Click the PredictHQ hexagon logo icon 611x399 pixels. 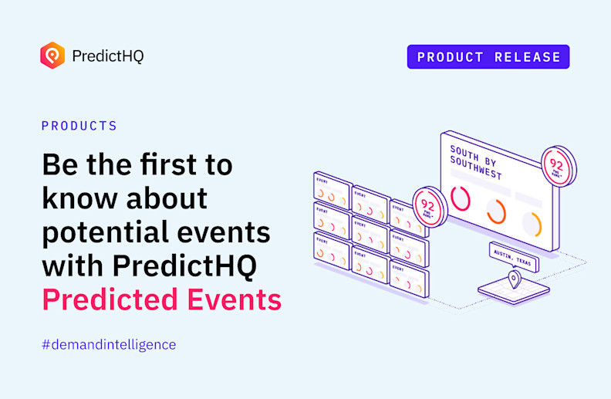pyautogui.click(x=52, y=56)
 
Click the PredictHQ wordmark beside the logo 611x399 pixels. pyautogui.click(x=107, y=56)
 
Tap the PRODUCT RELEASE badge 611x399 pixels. pyautogui.click(x=488, y=57)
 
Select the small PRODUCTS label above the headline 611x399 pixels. pyautogui.click(x=79, y=126)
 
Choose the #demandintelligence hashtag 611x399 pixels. pyautogui.click(x=109, y=344)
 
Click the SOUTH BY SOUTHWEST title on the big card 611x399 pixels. pyautogui.click(x=476, y=161)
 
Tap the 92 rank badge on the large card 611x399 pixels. pyautogui.click(x=557, y=166)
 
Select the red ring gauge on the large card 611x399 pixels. pyautogui.click(x=461, y=198)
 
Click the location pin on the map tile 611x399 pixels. pyautogui.click(x=512, y=280)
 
